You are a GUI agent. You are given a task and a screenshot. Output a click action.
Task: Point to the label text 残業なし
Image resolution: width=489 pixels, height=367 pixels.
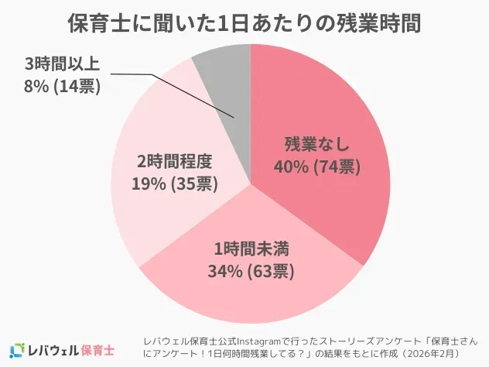[317, 144]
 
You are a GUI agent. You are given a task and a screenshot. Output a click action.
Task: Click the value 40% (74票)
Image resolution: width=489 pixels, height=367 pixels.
[317, 166]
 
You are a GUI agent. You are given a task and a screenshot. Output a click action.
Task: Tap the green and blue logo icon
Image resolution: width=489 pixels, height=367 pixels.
[17, 349]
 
